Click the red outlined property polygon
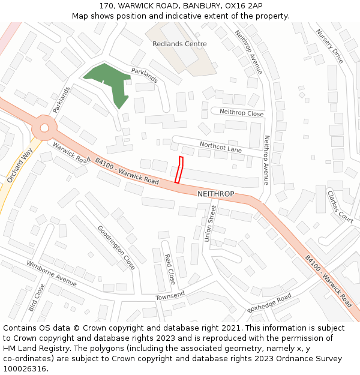click(179, 170)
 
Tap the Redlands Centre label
click(179, 44)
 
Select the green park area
click(109, 81)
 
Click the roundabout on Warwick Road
click(44, 127)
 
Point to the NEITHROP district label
click(215, 194)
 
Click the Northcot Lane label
click(220, 147)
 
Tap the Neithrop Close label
click(241, 113)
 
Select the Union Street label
click(209, 224)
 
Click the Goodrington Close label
click(116, 247)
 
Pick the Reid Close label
click(170, 269)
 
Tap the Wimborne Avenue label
click(52, 273)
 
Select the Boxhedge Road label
click(269, 303)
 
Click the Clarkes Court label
click(340, 207)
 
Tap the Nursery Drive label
click(329, 46)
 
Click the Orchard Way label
click(19, 166)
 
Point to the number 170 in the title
click(107, 5)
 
